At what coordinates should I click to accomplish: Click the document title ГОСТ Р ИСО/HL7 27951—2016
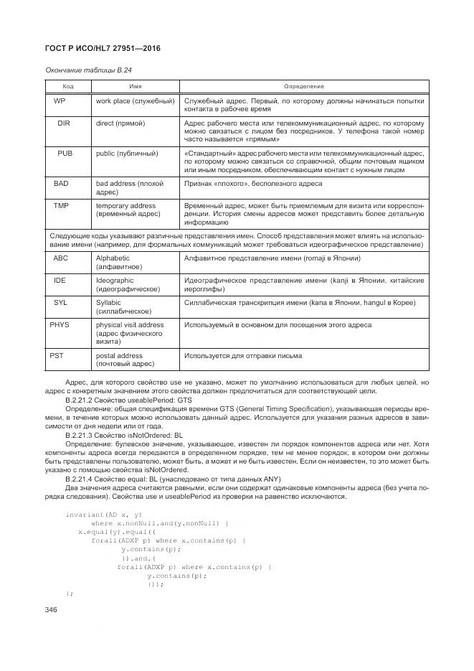102,48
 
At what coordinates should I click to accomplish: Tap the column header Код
68,86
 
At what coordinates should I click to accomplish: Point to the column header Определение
304,86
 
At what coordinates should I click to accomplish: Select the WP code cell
60,100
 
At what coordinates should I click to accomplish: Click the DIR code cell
63,123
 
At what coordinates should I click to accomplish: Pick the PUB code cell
64,153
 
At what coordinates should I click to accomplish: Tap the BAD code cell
61,184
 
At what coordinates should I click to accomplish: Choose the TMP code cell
61,206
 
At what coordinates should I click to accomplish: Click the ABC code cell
60,258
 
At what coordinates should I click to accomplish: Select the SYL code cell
60,303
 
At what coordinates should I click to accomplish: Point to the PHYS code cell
61,325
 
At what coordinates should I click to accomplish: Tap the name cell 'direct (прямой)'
120,123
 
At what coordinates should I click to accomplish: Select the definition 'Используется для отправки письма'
243,355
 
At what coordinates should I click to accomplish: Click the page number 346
51,609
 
